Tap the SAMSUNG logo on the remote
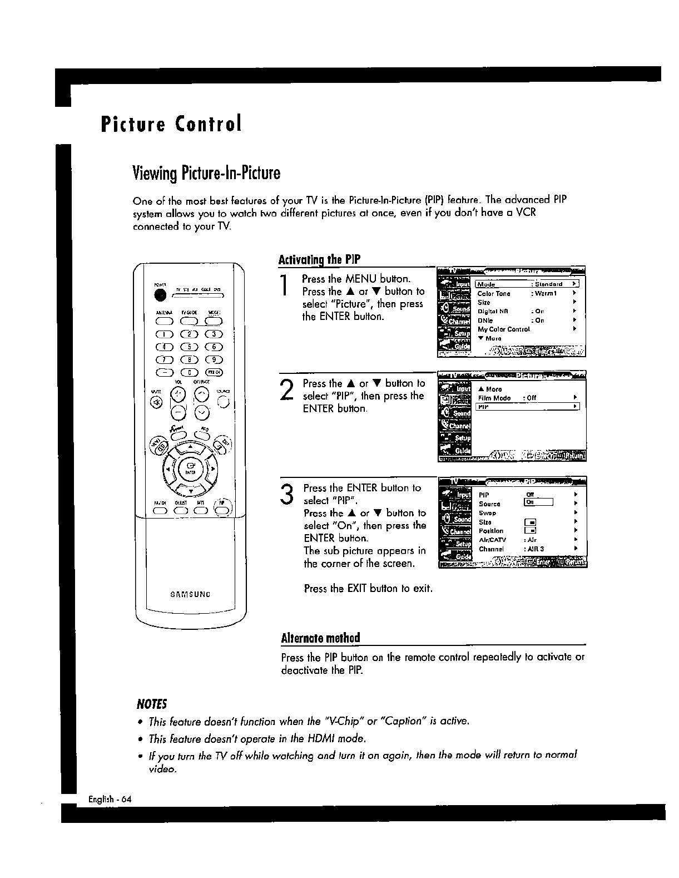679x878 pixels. tap(190, 594)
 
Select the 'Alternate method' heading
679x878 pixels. tap(321, 638)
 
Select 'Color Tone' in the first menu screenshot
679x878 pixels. tap(493, 293)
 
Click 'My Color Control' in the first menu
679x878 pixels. tap(503, 329)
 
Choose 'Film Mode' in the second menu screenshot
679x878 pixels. tap(494, 398)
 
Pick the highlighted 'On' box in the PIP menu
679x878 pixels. tap(538, 502)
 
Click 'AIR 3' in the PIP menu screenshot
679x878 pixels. tap(536, 549)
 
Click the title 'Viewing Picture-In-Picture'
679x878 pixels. tap(206, 174)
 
